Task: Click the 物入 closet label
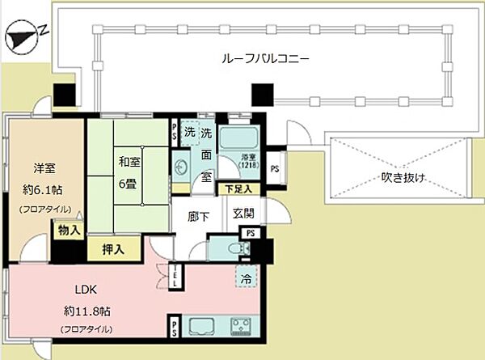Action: [69, 231]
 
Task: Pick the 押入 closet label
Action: [112, 249]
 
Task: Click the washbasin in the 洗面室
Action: [183, 169]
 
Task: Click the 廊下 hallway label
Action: [200, 218]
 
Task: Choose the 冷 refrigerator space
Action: [244, 277]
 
